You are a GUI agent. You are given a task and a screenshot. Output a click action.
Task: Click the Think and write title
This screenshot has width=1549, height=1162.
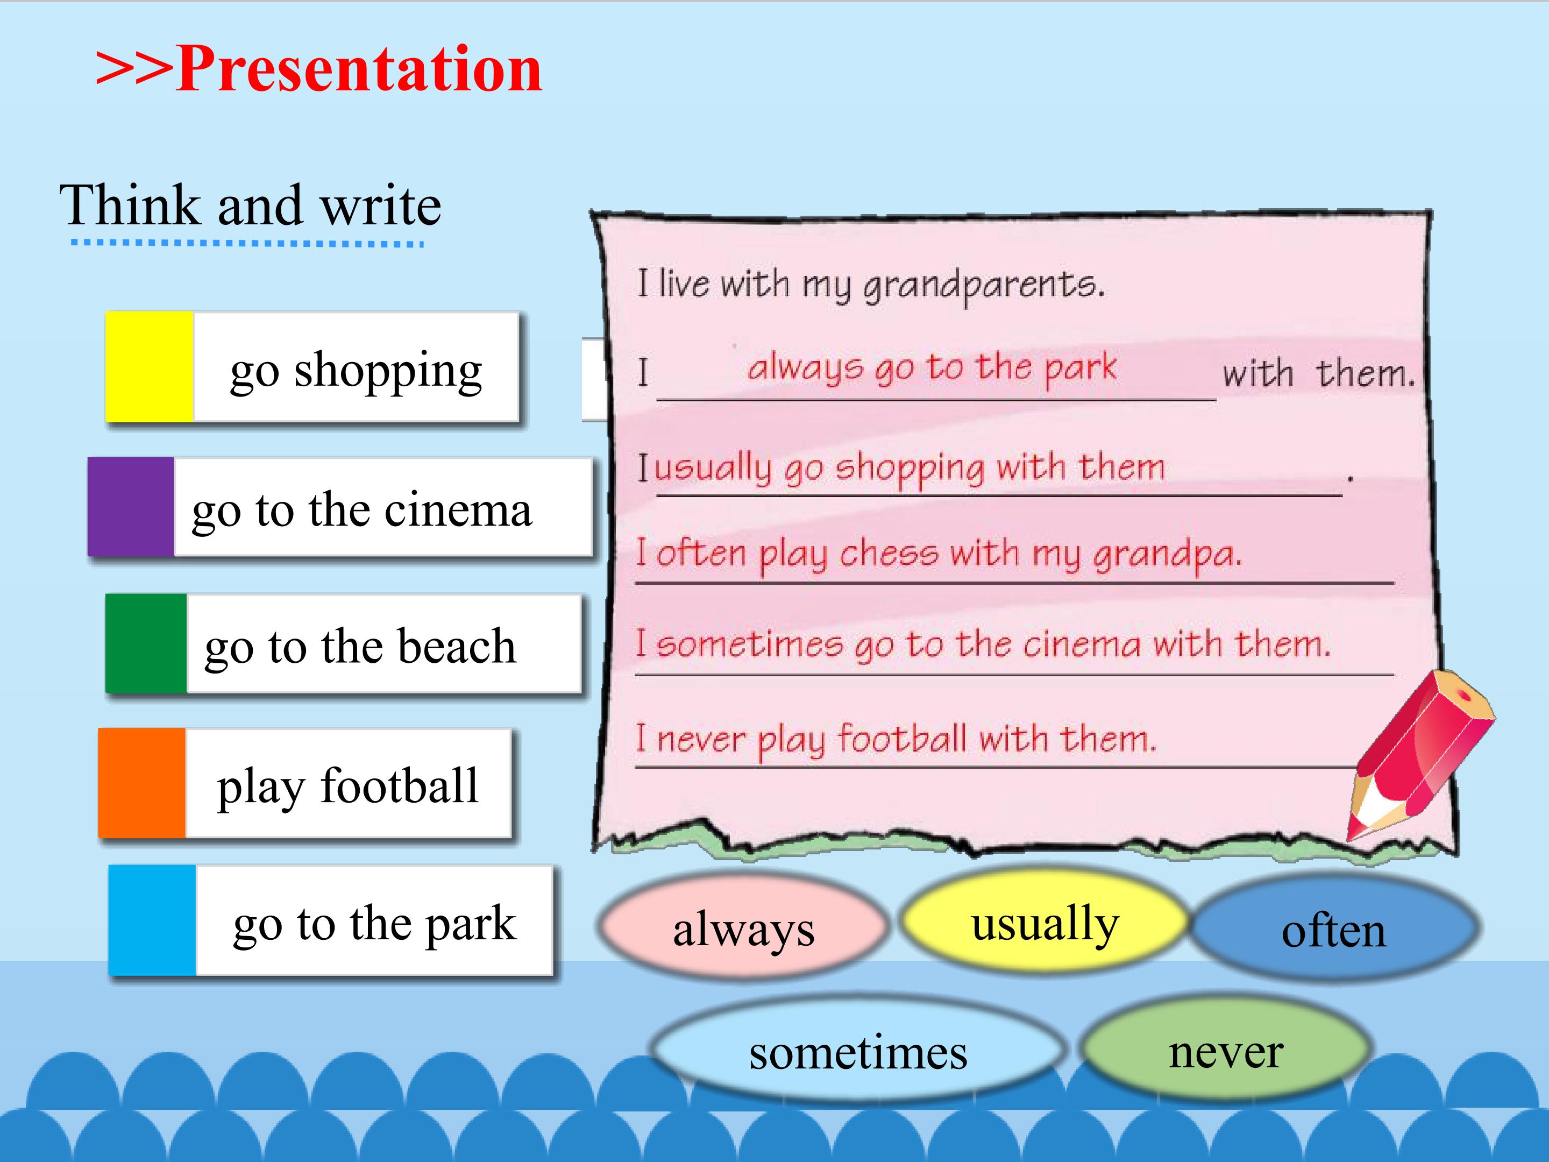coord(250,205)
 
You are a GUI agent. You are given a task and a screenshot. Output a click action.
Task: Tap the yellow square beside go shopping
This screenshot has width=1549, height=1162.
coord(149,366)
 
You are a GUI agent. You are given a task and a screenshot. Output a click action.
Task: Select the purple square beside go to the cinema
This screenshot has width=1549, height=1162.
coord(131,506)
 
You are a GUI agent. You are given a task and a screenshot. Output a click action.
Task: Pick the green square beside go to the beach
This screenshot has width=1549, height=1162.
coord(146,643)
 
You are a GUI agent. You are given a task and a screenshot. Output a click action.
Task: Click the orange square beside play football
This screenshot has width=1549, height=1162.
coord(141,782)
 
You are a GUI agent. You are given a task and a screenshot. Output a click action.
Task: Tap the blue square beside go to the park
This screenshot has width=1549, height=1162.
coord(152,920)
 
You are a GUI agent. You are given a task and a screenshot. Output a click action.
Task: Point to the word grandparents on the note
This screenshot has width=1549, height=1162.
coord(983,286)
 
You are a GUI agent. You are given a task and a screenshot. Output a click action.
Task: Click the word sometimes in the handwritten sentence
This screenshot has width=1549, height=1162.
coord(750,644)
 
